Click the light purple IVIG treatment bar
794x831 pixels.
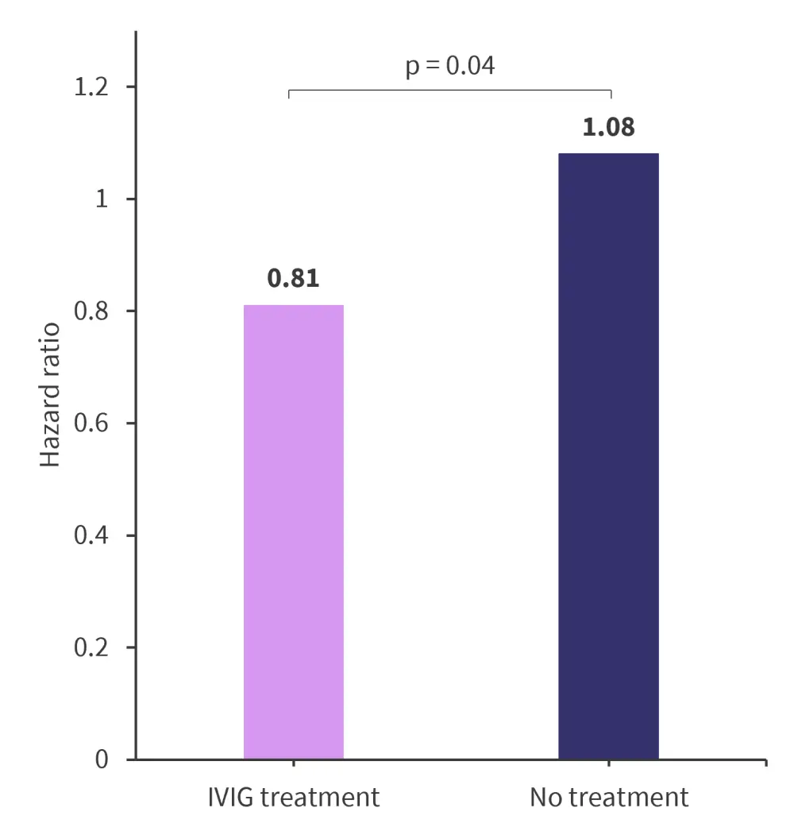pos(294,531)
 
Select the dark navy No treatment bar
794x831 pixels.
pos(608,456)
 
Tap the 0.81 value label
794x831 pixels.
pos(294,280)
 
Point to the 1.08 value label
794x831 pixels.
pos(609,127)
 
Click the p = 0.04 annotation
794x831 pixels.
pos(450,66)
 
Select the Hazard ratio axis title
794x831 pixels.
pos(51,394)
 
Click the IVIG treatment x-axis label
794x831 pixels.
pos(294,798)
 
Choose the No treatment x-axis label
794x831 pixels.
pos(609,798)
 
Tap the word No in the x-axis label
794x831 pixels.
pos(545,798)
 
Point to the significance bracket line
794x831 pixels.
pos(450,91)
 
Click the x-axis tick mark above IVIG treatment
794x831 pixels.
pos(294,763)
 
